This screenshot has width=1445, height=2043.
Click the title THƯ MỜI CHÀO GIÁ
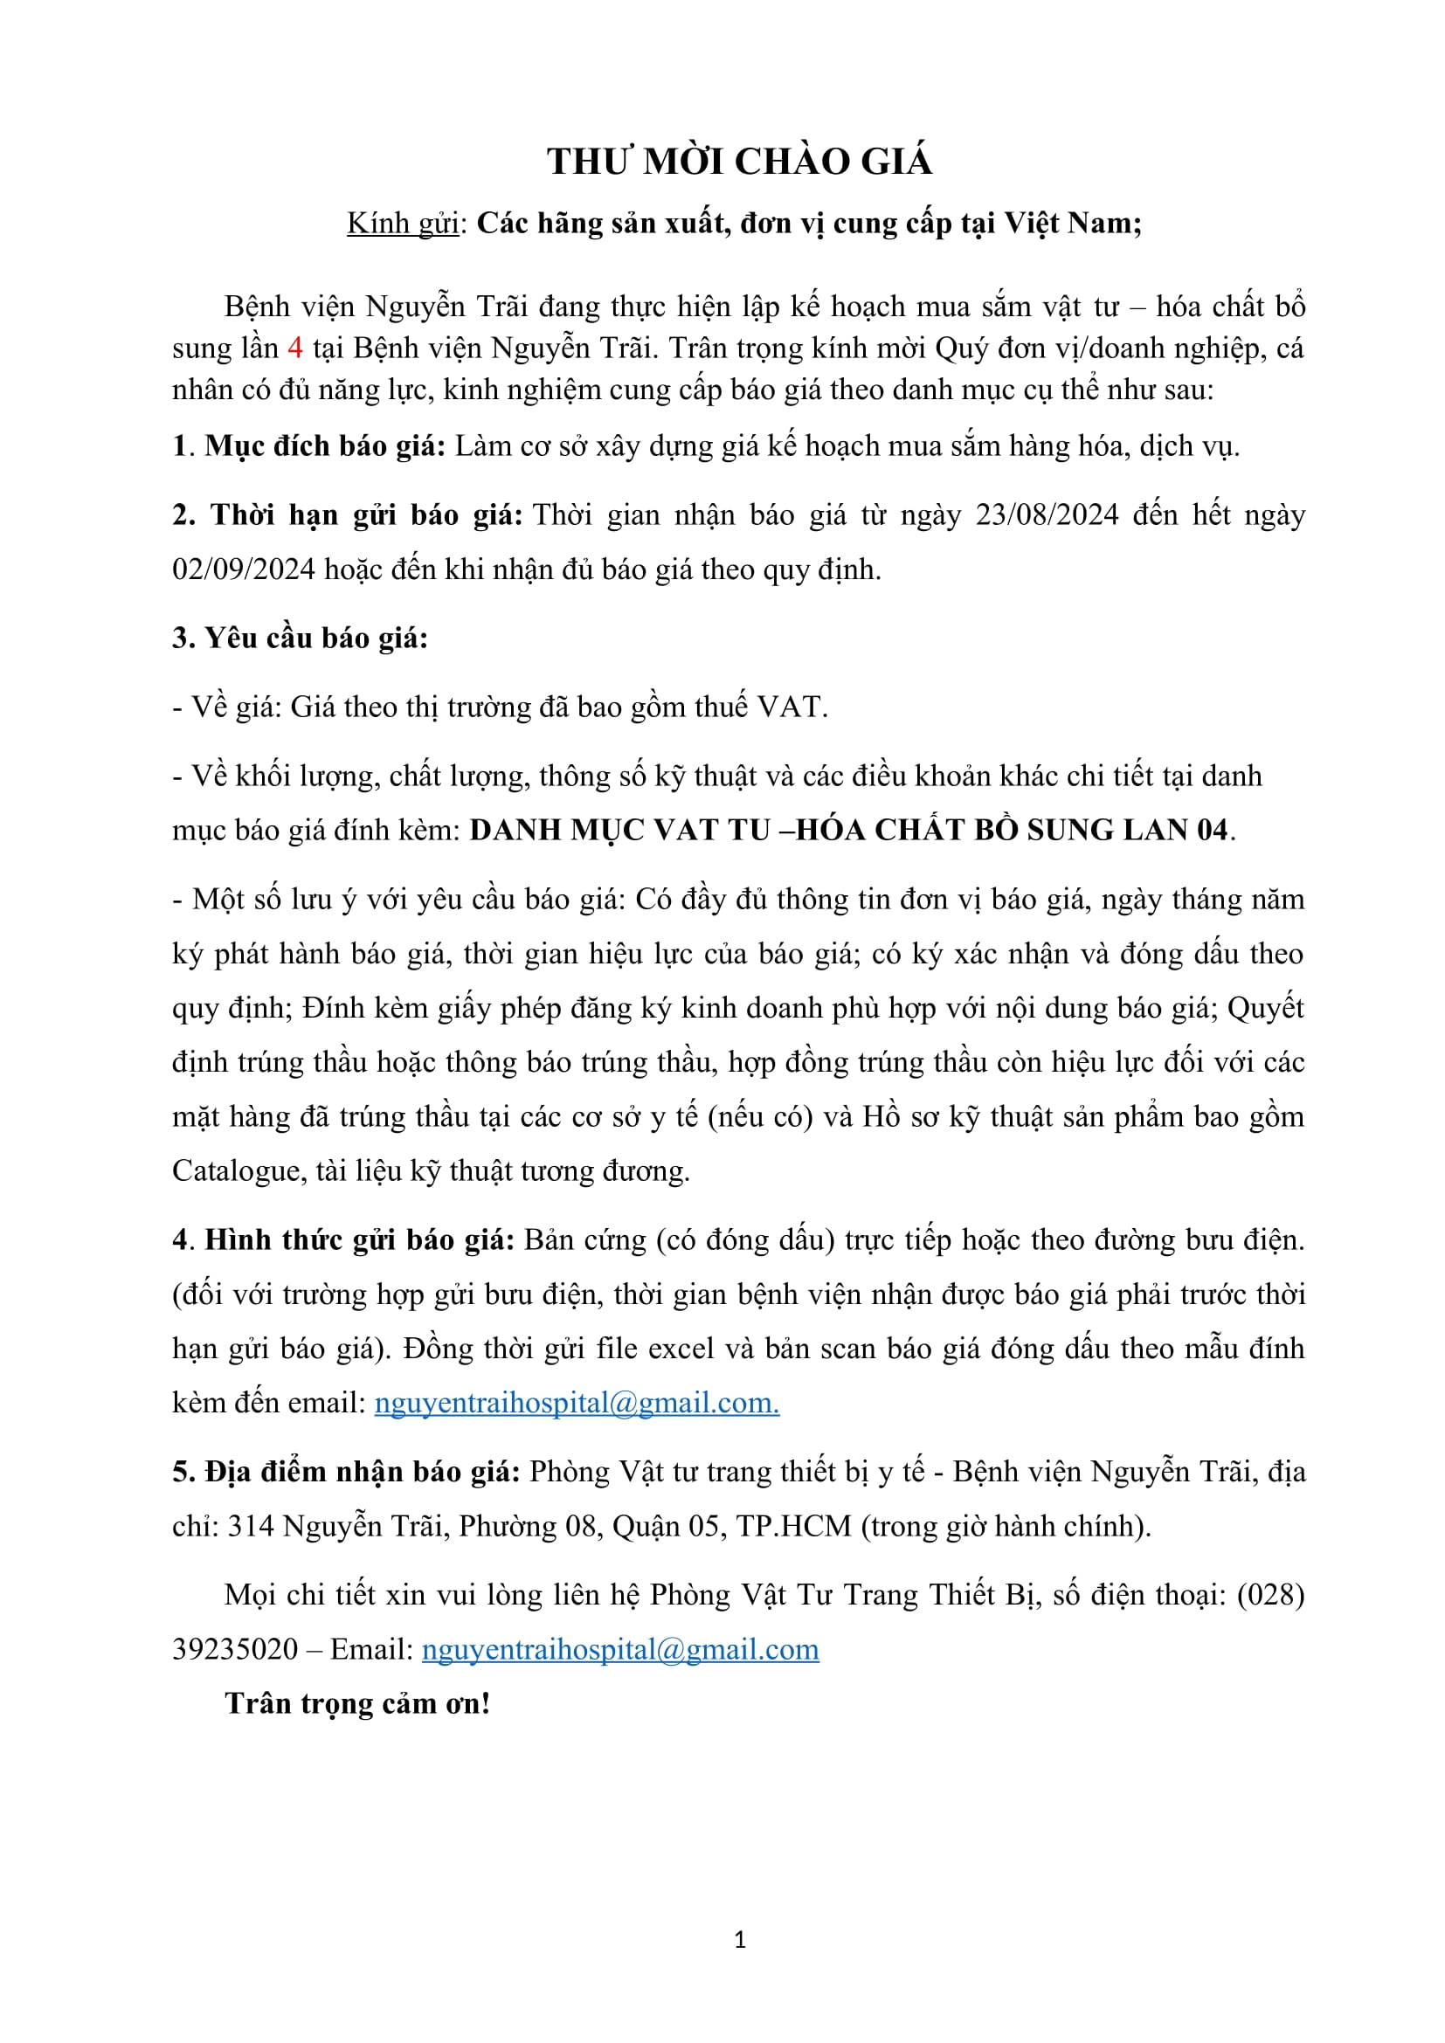(739, 161)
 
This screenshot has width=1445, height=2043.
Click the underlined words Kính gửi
(402, 224)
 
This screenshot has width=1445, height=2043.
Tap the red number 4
(295, 348)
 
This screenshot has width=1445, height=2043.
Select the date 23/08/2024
(1047, 515)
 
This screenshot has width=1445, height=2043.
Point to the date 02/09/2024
(244, 569)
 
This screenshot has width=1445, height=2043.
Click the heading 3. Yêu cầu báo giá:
(300, 638)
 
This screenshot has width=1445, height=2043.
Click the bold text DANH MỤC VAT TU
(619, 830)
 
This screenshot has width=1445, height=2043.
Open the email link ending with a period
(577, 1404)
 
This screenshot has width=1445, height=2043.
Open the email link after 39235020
(620, 1649)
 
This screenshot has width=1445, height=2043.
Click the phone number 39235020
(235, 1649)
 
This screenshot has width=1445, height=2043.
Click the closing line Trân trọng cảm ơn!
(357, 1703)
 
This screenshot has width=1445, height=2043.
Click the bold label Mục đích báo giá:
(325, 445)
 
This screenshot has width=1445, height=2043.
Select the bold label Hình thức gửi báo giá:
(359, 1239)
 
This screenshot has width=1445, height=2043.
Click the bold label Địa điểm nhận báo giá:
(363, 1472)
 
